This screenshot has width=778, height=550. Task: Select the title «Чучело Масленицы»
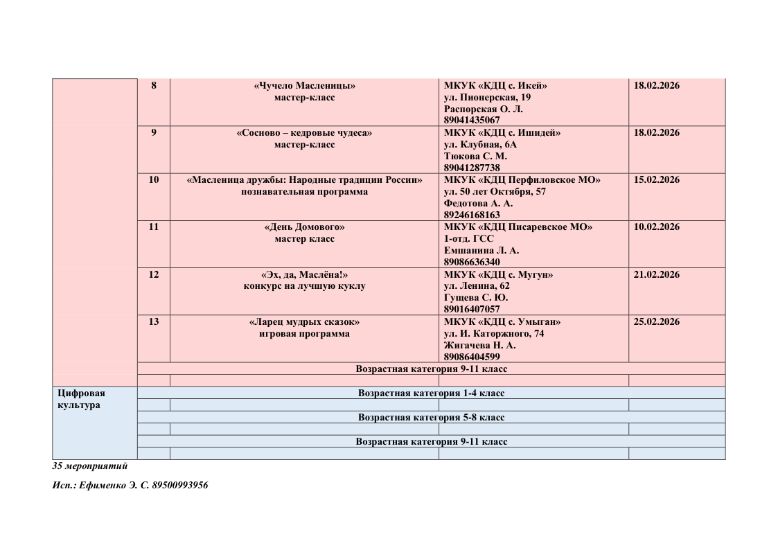(x=304, y=86)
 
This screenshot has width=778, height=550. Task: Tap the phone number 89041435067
(x=472, y=121)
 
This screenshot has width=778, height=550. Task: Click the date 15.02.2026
(x=657, y=180)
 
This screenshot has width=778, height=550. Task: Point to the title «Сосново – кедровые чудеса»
(x=304, y=133)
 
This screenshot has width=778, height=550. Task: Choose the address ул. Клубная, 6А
(x=480, y=145)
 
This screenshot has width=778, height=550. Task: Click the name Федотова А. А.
(x=478, y=204)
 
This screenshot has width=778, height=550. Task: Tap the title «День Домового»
(x=304, y=227)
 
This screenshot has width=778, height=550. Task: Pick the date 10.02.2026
(x=657, y=227)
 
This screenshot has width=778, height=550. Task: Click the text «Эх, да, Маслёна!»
(x=304, y=274)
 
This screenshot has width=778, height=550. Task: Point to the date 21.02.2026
(x=657, y=274)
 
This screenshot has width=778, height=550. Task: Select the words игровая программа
(x=304, y=333)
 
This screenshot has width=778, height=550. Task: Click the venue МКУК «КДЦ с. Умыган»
(x=502, y=321)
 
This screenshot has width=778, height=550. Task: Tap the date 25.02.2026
(x=657, y=321)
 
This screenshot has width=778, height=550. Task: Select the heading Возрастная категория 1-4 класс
(x=431, y=393)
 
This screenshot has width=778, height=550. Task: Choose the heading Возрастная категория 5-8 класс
(x=431, y=418)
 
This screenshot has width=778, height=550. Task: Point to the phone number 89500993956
(x=179, y=486)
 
